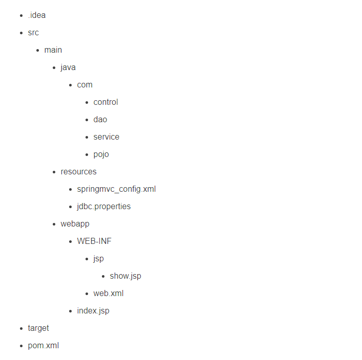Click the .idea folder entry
pos(36,15)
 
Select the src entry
pos(33,33)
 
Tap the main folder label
pos(53,50)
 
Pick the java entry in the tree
pos(68,67)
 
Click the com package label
pos(84,85)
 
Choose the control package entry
pos(105,102)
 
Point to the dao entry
pos(100,120)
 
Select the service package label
pos(106,137)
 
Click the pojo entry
pos(101,154)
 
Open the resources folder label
pos(78,172)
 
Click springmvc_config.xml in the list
pos(116,189)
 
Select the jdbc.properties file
pos(103,207)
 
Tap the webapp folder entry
pos(75,224)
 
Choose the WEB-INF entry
pos(94,241)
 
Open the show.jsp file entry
pos(125,276)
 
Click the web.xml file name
pos(108,294)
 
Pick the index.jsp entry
pos(93,311)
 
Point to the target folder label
pos(38,328)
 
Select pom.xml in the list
pos(43,346)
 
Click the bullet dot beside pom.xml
pos(21,346)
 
